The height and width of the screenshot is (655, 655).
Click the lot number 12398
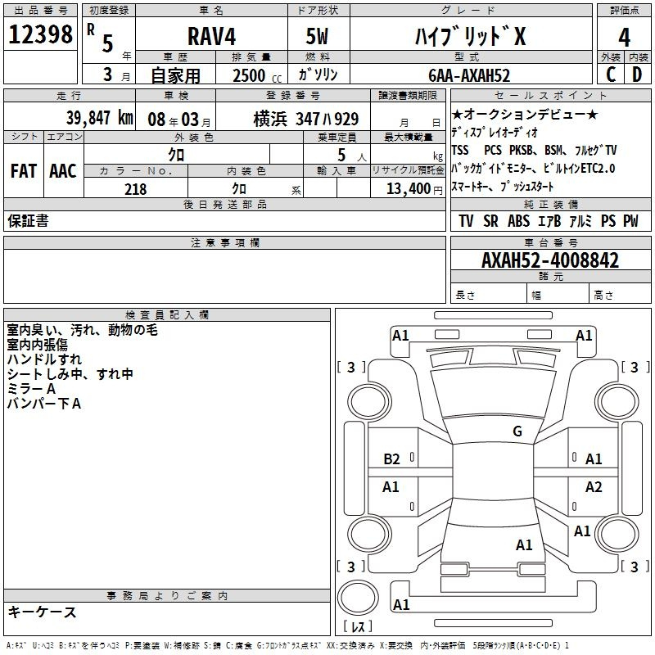[x=40, y=34]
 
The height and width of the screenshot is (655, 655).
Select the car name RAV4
[x=212, y=36]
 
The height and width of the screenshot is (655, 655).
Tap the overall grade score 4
[x=624, y=37]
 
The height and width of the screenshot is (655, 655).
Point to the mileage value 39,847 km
[x=100, y=118]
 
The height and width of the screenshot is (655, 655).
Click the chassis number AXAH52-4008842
[x=550, y=260]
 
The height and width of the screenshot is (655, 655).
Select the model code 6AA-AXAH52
[x=469, y=75]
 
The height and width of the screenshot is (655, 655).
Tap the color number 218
[x=135, y=189]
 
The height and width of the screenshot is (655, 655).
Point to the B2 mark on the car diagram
[x=391, y=459]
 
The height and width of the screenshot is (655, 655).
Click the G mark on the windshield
[x=517, y=431]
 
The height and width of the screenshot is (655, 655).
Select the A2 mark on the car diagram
[x=594, y=486]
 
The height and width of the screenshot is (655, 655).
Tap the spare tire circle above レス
[x=358, y=598]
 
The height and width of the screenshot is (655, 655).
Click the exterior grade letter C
[x=611, y=75]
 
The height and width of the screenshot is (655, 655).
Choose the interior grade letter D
[x=637, y=75]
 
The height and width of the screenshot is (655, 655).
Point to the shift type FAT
[x=24, y=171]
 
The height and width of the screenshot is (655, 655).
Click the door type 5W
[x=317, y=36]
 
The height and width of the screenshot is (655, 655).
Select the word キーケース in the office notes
[x=42, y=612]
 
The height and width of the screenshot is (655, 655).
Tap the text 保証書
[x=28, y=221]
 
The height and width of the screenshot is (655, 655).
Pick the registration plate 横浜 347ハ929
[x=305, y=119]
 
